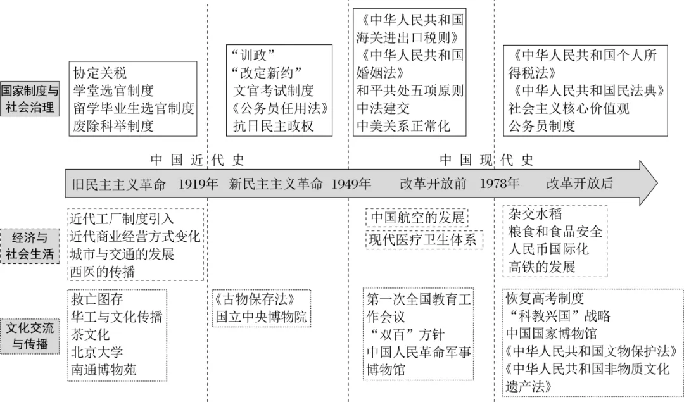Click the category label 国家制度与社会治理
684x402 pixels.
30,99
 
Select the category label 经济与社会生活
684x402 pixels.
30,246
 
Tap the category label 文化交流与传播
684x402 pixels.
30,336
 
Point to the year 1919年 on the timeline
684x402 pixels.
198,184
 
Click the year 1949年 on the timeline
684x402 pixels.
351,184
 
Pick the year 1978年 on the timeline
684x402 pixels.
500,184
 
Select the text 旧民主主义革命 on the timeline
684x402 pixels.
119,184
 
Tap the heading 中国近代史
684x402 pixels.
197,160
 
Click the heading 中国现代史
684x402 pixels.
487,160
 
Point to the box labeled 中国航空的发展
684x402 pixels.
417,217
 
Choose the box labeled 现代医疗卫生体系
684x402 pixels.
424,239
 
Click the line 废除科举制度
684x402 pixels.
113,125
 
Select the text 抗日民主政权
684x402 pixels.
273,125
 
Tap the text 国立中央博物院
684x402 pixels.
261,316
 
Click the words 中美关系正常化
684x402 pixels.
403,125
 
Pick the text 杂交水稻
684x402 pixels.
535,214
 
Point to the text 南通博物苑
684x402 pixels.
104,369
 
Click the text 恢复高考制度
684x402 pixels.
545,298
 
